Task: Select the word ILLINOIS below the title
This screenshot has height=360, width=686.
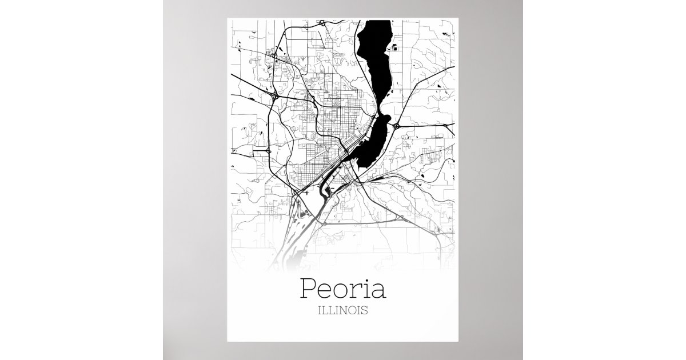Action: click(x=342, y=312)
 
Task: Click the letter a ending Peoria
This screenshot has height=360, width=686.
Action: click(x=378, y=291)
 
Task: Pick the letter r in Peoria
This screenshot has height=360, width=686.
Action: click(x=358, y=291)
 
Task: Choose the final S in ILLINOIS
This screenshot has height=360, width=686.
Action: click(x=365, y=312)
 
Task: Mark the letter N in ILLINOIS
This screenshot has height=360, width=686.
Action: click(x=342, y=312)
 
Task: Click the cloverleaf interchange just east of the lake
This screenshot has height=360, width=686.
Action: click(x=396, y=124)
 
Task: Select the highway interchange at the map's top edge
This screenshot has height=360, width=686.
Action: click(x=324, y=23)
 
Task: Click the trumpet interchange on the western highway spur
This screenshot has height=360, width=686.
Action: click(x=268, y=150)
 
